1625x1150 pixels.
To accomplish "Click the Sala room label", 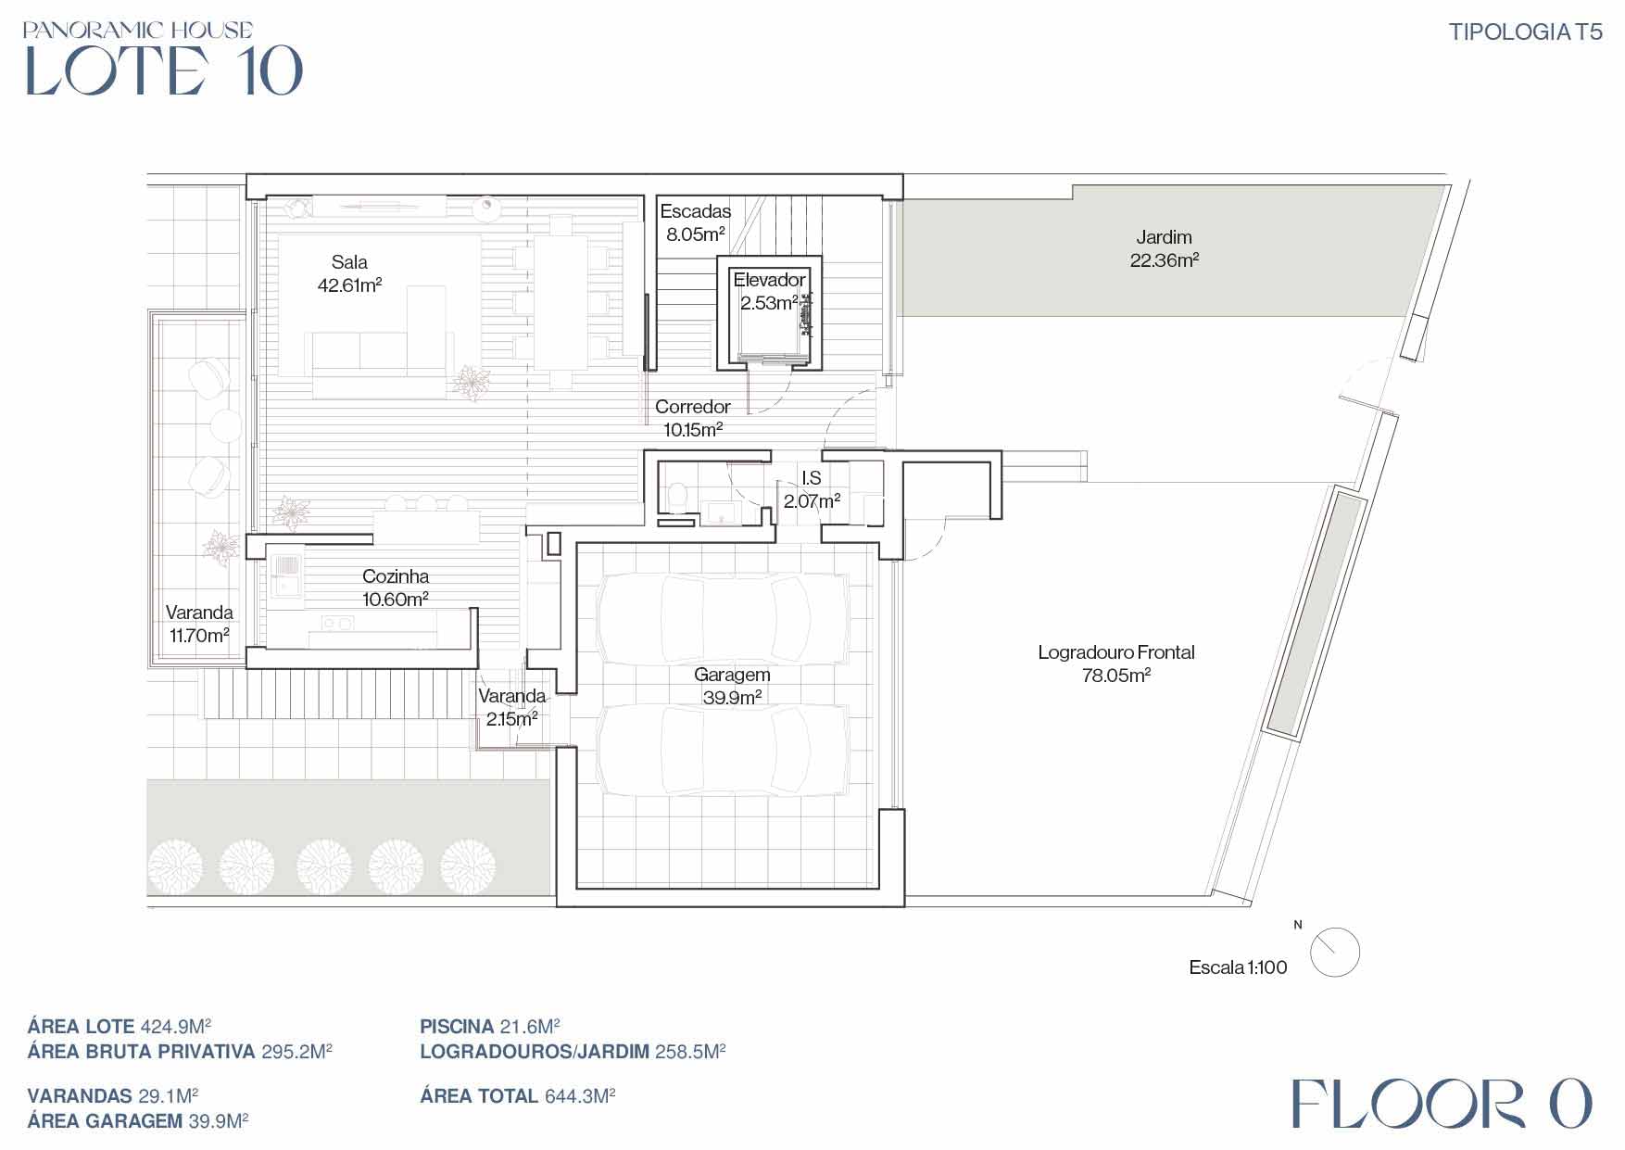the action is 350,273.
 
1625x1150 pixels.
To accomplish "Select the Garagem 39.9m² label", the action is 732,686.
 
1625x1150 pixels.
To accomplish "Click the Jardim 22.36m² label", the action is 1164,248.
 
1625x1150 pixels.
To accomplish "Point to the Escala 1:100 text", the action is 1238,967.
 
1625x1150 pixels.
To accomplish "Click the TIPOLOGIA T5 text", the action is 1525,32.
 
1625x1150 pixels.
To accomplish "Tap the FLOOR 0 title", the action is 1442,1104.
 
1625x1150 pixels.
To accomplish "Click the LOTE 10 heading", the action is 164,70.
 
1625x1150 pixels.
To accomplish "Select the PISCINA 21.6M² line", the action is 490,1027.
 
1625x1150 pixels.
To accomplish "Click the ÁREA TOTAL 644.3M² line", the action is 518,1096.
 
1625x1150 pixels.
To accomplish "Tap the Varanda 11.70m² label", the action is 198,624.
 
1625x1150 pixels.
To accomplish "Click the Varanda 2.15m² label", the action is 512,707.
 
